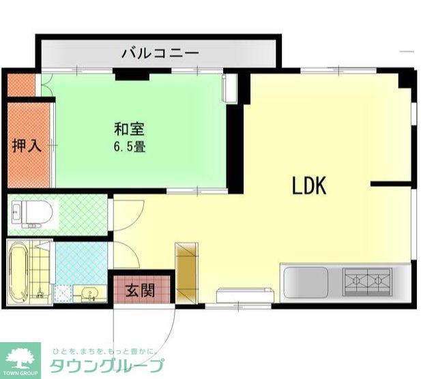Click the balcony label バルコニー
click(x=160, y=52)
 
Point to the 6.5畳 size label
click(x=128, y=147)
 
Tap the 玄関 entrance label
click(x=139, y=290)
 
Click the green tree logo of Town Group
click(x=20, y=357)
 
